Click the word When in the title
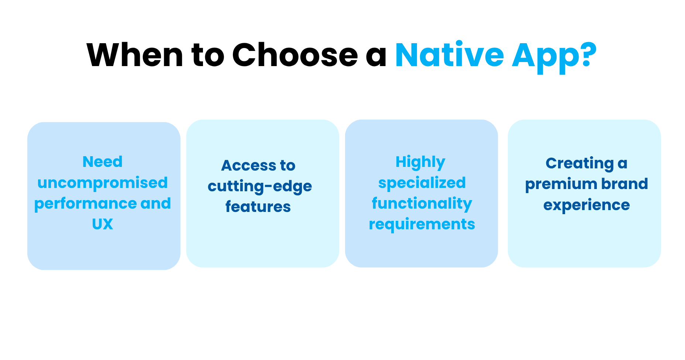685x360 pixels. (x=135, y=55)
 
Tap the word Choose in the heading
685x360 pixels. (x=295, y=55)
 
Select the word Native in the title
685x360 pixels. (x=450, y=55)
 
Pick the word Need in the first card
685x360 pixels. (x=103, y=162)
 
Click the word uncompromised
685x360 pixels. (x=103, y=183)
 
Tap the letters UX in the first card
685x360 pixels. (x=103, y=224)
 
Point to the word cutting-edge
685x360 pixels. (x=260, y=186)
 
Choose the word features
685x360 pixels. (x=258, y=207)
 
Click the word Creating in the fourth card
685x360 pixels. (x=579, y=164)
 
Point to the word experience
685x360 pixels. (x=586, y=205)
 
